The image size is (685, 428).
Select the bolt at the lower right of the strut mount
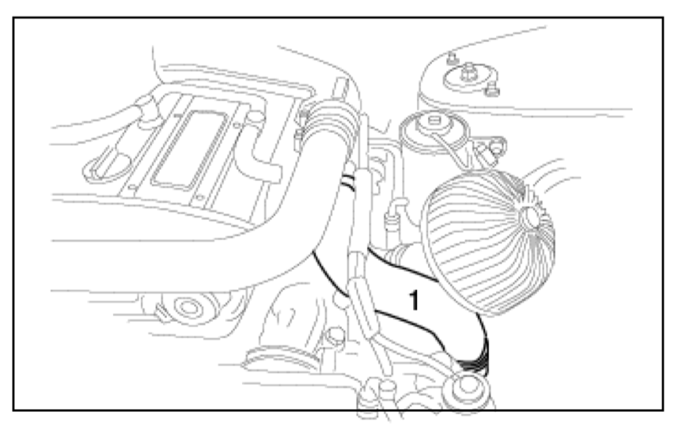pos(492,92)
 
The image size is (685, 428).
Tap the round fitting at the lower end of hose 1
pos(467,386)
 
